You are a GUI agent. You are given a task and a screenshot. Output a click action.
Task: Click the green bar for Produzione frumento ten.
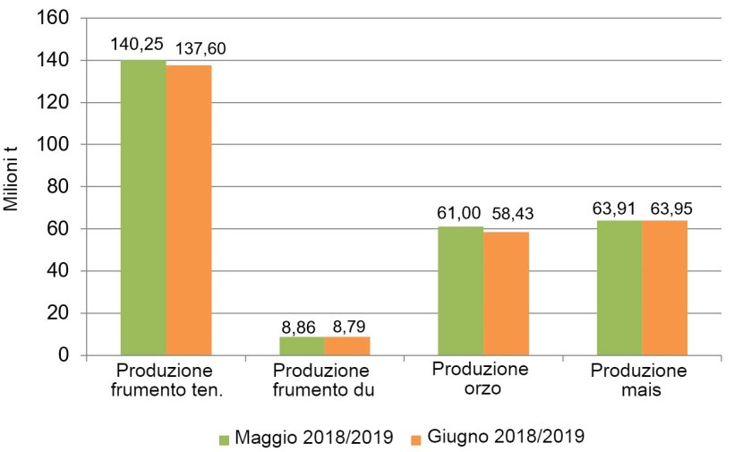click(143, 208)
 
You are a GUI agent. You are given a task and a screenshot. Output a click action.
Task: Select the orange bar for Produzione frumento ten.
click(189, 210)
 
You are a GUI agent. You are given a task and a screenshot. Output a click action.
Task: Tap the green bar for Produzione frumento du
click(302, 345)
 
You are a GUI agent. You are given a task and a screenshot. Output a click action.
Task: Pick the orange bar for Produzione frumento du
click(347, 345)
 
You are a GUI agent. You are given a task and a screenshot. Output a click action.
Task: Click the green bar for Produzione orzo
click(460, 291)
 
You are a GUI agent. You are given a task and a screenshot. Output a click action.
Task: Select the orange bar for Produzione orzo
click(506, 294)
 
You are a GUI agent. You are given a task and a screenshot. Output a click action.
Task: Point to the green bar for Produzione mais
click(619, 287)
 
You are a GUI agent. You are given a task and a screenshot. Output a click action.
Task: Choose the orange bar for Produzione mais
click(664, 287)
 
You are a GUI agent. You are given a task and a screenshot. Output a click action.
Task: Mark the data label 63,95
click(668, 208)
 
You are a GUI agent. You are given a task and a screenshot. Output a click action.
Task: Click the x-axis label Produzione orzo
click(480, 380)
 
